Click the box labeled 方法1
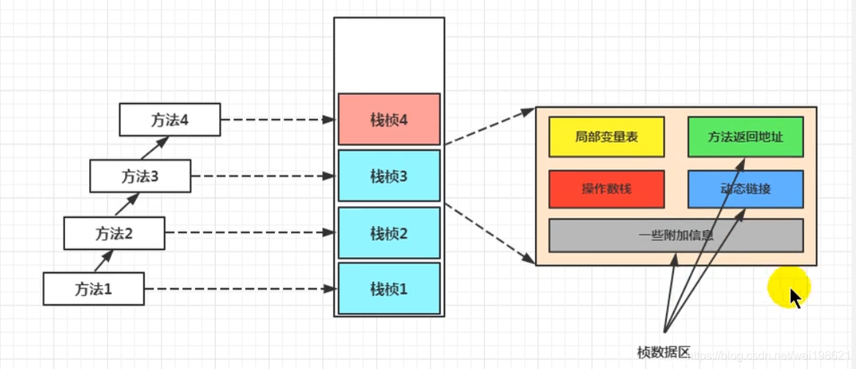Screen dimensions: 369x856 (94, 289)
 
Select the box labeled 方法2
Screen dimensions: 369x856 (114, 234)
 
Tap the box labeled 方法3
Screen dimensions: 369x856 (140, 176)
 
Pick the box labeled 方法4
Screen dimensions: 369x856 (170, 120)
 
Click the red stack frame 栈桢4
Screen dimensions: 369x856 (389, 119)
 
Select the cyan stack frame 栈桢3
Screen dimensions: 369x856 (389, 176)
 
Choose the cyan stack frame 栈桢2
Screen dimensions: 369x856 (389, 233)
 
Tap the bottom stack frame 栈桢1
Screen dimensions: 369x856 (389, 289)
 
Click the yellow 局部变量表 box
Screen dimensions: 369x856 (606, 137)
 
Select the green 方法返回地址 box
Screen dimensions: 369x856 (745, 137)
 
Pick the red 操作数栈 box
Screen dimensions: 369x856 (606, 189)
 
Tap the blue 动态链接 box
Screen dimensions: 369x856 (745, 189)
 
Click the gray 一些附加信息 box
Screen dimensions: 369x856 (675, 235)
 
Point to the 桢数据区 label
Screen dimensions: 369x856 (663, 353)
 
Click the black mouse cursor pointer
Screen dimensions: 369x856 (795, 297)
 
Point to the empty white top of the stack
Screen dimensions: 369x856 (389, 55)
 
